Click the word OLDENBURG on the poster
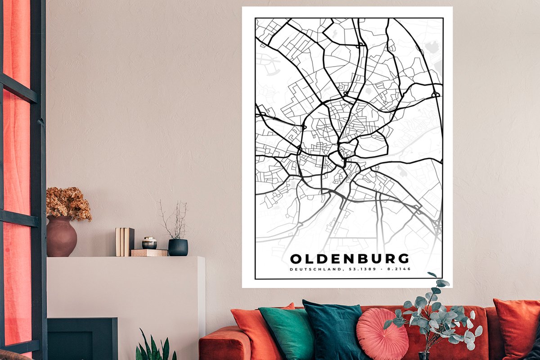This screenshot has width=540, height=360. click(x=350, y=259)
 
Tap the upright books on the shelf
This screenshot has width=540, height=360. click(x=125, y=241)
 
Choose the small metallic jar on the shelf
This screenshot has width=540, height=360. click(x=149, y=243)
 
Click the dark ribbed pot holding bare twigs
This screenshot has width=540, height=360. click(x=178, y=247)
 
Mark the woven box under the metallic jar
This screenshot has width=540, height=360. click(x=149, y=253)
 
